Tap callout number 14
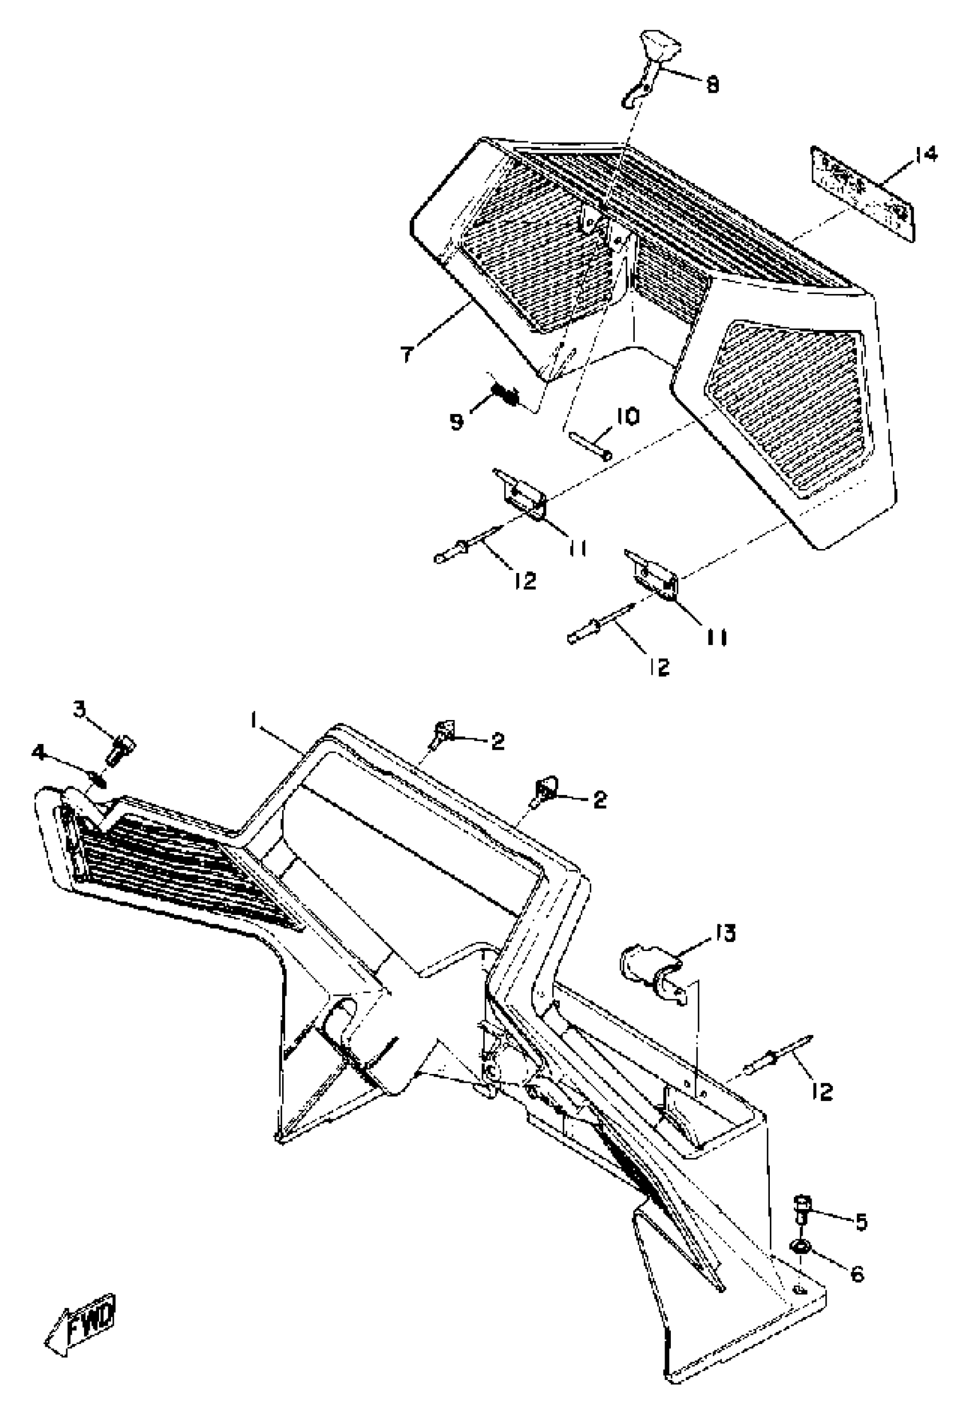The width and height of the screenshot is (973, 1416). pyautogui.click(x=925, y=156)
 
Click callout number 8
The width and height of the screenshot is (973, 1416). pyautogui.click(x=711, y=84)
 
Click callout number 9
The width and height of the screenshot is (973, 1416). pyautogui.click(x=457, y=421)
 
